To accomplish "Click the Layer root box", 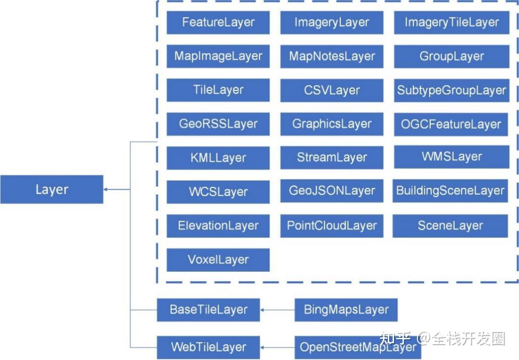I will click(x=51, y=189).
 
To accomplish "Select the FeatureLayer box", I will click(x=218, y=22).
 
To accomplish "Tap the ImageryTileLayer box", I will click(x=451, y=22).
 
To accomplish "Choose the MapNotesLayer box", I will click(x=332, y=56).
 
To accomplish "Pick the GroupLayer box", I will click(x=451, y=56).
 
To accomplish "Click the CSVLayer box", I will click(x=332, y=90).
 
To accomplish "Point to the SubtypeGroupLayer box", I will click(x=451, y=90).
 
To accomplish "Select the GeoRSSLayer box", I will click(x=218, y=124).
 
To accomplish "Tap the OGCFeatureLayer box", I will click(x=451, y=124).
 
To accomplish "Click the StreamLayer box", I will click(x=332, y=157).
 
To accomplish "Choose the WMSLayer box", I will click(x=451, y=157).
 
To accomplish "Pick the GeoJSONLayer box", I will click(x=332, y=190).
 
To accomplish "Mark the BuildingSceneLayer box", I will click(x=450, y=190).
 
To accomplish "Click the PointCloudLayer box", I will click(x=332, y=225).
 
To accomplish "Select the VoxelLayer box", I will click(x=218, y=260).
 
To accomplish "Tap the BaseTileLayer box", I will click(x=208, y=310).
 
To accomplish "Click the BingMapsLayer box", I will click(x=346, y=310).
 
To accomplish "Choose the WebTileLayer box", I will click(x=208, y=347).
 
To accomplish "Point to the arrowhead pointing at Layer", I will click(x=106, y=189).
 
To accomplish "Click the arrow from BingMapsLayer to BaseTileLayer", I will click(x=277, y=310).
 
